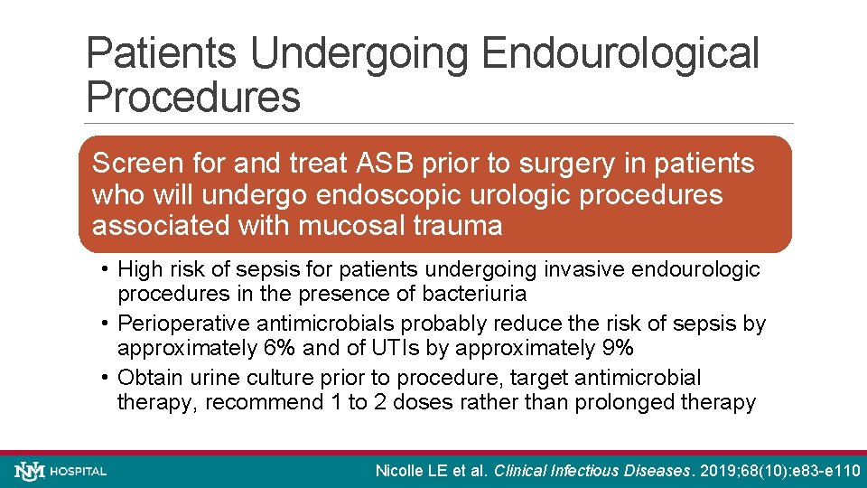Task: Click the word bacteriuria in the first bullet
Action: (480, 294)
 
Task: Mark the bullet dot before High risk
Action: (106, 269)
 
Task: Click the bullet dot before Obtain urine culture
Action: (106, 378)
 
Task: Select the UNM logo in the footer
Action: (30, 471)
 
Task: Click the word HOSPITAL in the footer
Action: (79, 471)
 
